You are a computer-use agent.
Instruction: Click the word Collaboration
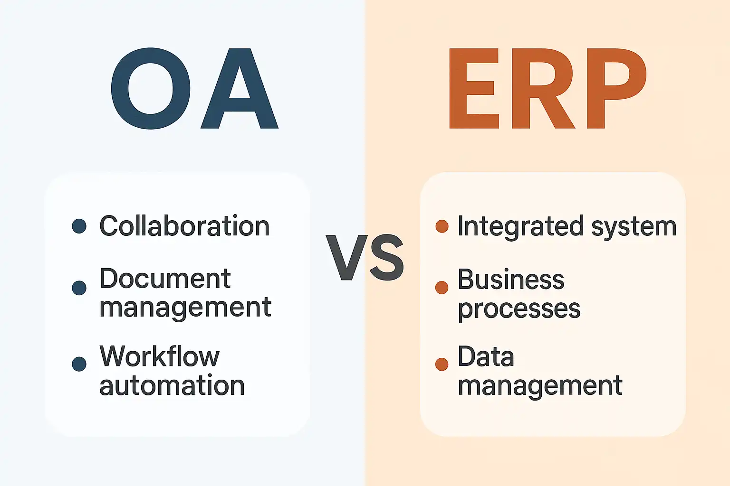pos(184,225)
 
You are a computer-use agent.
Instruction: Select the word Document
pos(165,279)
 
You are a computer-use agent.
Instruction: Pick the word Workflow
pos(159,356)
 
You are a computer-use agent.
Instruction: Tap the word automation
pos(172,385)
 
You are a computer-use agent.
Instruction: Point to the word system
pos(634,228)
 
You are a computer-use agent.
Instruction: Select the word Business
pos(511,279)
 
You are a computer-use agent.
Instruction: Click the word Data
pos(486,356)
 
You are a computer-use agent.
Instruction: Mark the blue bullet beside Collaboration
pos(79,226)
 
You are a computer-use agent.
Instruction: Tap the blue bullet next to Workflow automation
pos(79,364)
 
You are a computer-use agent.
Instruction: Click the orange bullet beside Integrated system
pos(442,226)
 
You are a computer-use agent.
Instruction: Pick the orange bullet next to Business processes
pos(442,288)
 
